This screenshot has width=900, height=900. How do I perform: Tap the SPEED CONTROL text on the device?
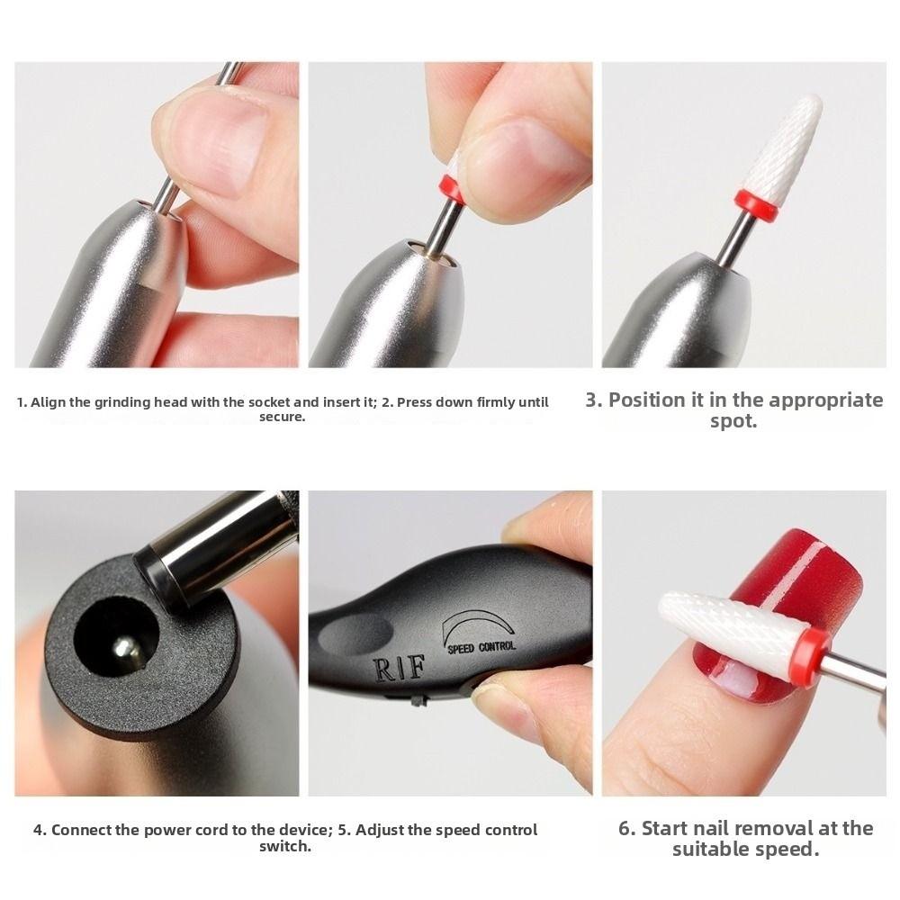481,646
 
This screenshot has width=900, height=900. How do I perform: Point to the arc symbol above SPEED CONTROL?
477,622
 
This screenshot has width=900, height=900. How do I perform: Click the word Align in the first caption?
49,402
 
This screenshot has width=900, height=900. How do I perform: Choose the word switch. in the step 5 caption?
284,847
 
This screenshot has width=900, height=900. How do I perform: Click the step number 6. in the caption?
627,828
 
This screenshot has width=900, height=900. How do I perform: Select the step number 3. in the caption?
594,400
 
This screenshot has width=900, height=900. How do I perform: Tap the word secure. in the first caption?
283,418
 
